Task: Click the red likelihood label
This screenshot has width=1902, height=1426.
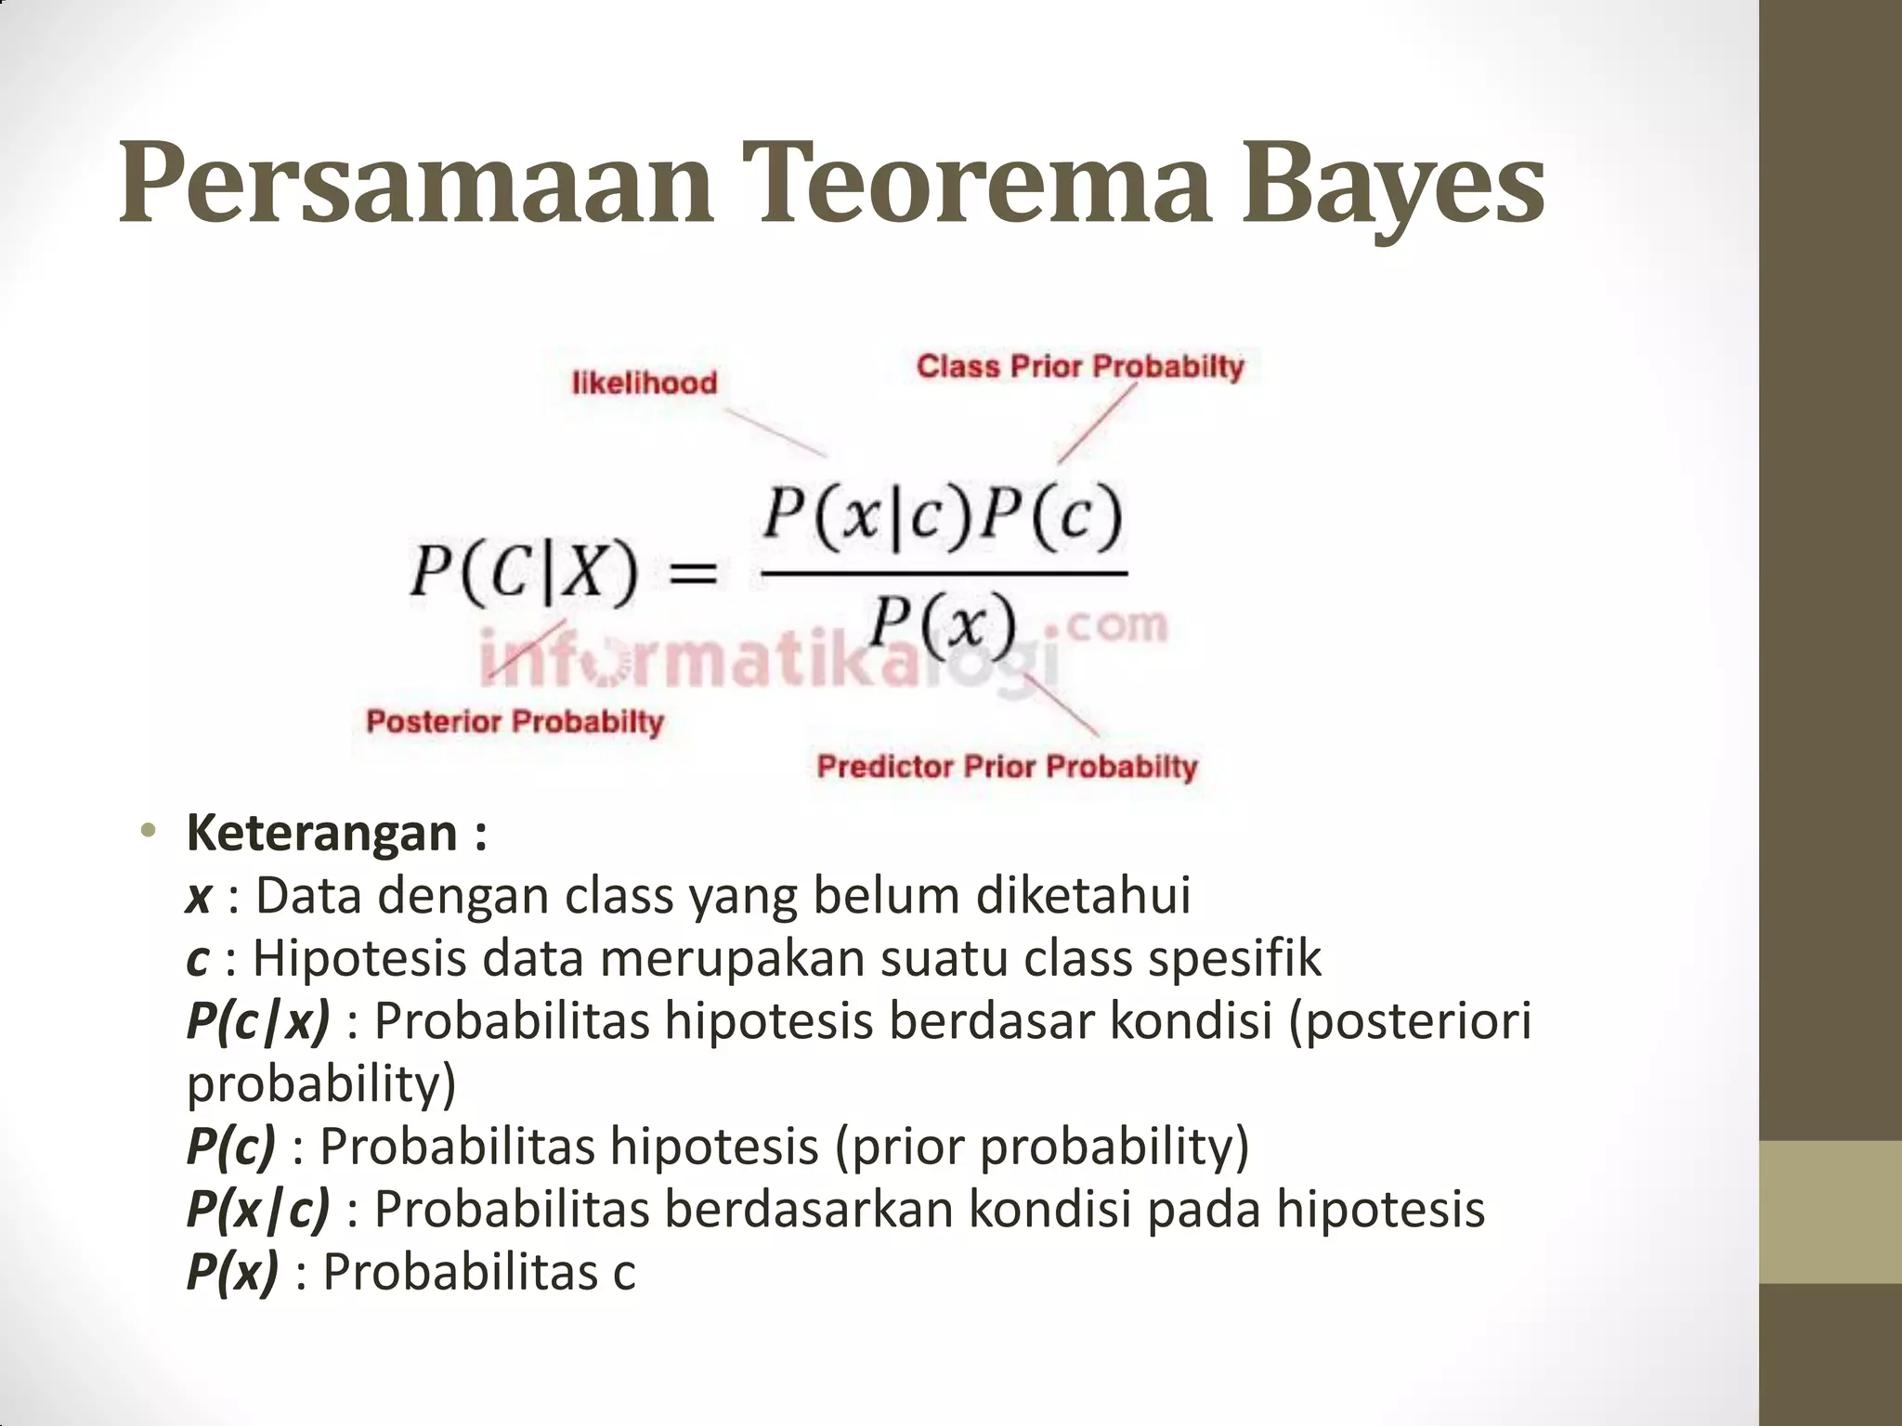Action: [x=645, y=382]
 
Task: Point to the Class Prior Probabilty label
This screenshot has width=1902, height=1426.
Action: [x=1079, y=366]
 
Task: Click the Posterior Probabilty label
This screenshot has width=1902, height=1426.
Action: [x=515, y=721]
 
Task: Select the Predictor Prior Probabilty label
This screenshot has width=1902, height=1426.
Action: [x=1007, y=767]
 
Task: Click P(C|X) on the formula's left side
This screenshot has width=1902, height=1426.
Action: [x=525, y=570]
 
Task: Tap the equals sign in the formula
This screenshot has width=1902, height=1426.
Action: [x=694, y=572]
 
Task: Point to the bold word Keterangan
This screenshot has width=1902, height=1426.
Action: [x=322, y=832]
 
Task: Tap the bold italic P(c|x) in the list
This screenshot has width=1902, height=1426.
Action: [x=258, y=1021]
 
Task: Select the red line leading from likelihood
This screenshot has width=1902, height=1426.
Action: [x=775, y=433]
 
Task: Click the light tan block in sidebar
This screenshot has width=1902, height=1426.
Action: [x=1830, y=1212]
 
